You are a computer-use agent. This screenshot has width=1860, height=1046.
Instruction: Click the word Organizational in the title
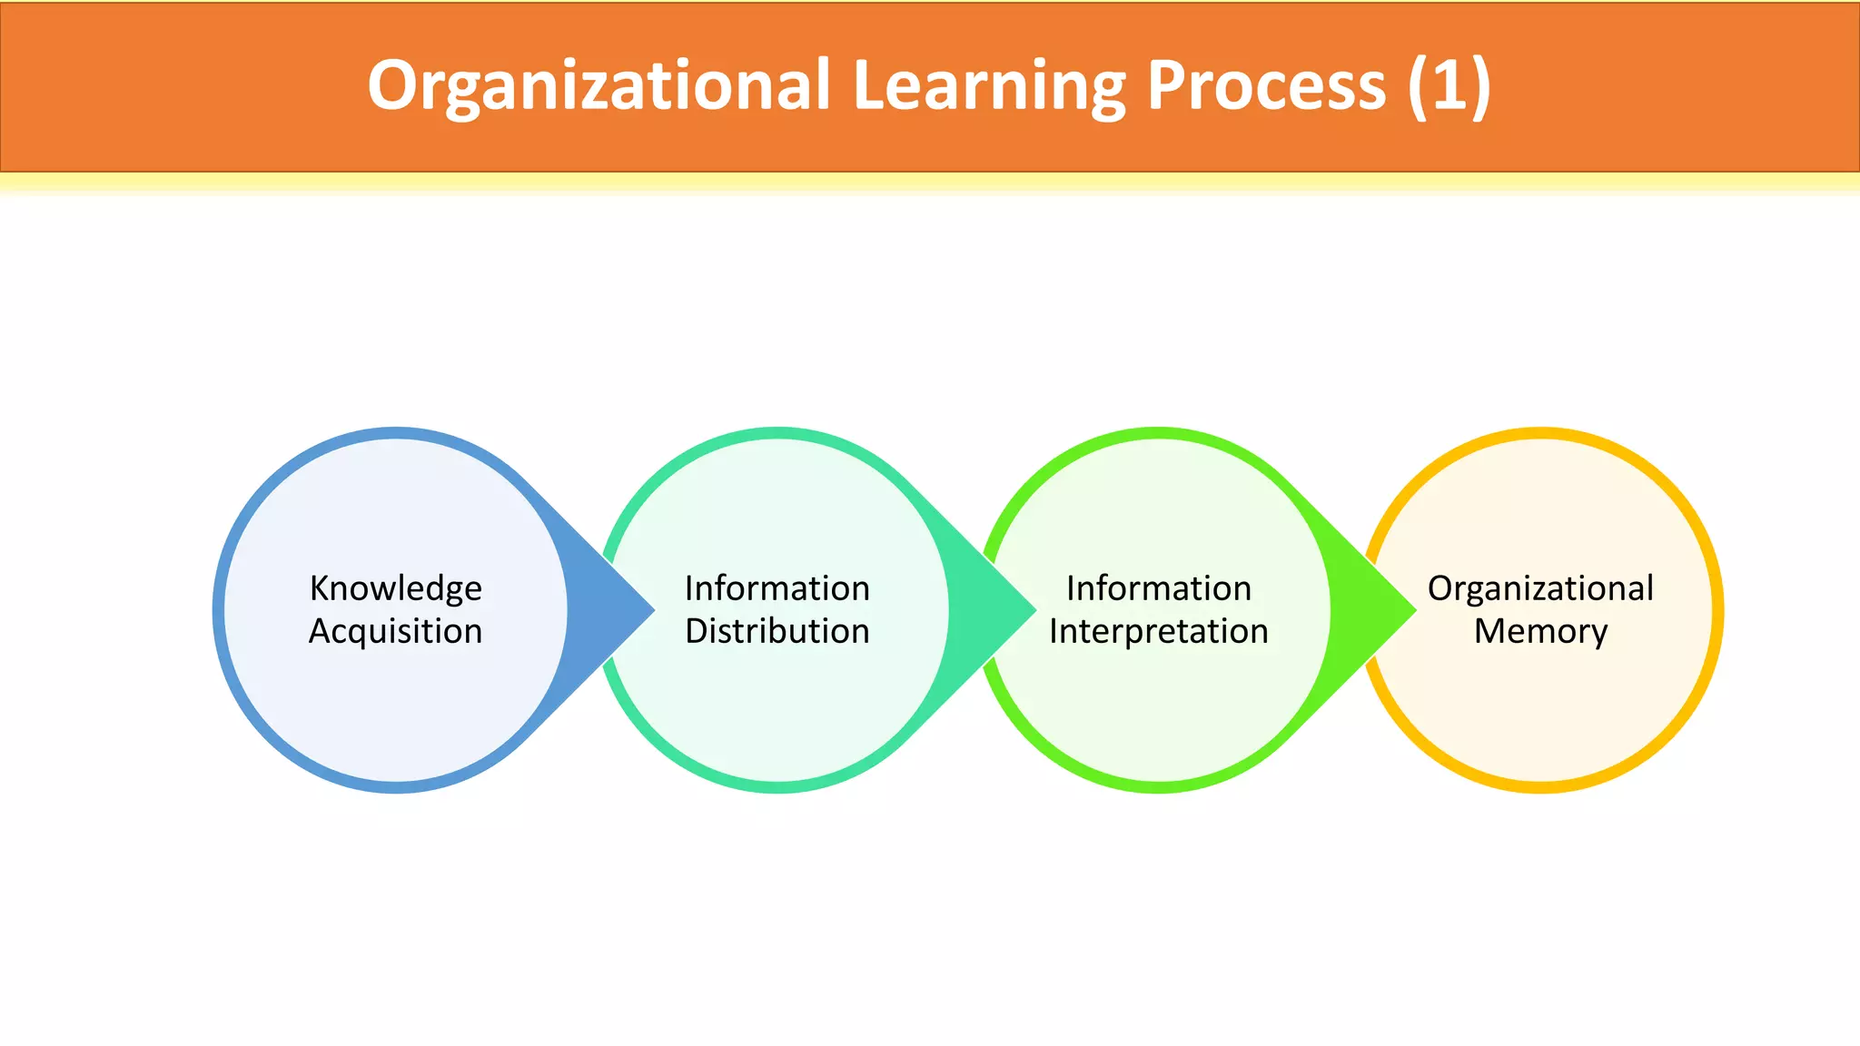tap(599, 85)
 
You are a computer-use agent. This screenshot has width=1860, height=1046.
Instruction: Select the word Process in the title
tap(1266, 85)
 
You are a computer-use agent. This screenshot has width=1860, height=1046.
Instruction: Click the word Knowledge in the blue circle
tap(395, 588)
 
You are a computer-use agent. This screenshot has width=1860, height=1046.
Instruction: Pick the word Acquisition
tap(395, 631)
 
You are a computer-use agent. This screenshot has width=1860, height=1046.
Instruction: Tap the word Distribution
tap(777, 631)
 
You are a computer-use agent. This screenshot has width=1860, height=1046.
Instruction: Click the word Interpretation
tap(1158, 631)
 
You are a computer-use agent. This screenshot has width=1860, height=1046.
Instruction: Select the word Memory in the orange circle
tap(1540, 631)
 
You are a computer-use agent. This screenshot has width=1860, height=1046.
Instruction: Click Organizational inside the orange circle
tap(1540, 588)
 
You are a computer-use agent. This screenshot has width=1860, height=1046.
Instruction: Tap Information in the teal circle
tap(777, 588)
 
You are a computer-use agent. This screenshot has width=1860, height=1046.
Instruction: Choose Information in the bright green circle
tap(1158, 588)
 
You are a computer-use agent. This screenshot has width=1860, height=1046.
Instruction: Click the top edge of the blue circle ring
tap(395, 433)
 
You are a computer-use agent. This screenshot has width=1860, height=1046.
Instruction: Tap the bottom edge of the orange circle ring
tap(1540, 787)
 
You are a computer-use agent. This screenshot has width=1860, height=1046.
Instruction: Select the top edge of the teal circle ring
tap(777, 433)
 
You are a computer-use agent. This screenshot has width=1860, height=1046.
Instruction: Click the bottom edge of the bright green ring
tap(1158, 787)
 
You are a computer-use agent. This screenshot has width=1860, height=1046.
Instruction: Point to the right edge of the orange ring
tap(1717, 610)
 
